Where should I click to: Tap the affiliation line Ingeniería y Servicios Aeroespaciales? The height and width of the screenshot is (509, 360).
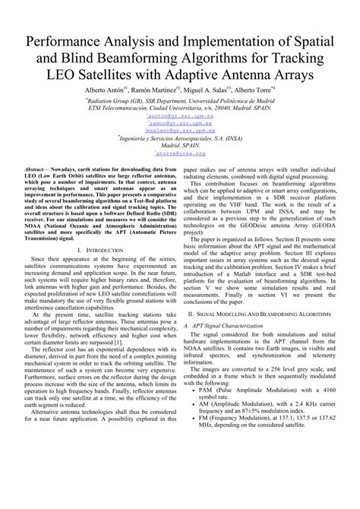(x=181, y=138)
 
